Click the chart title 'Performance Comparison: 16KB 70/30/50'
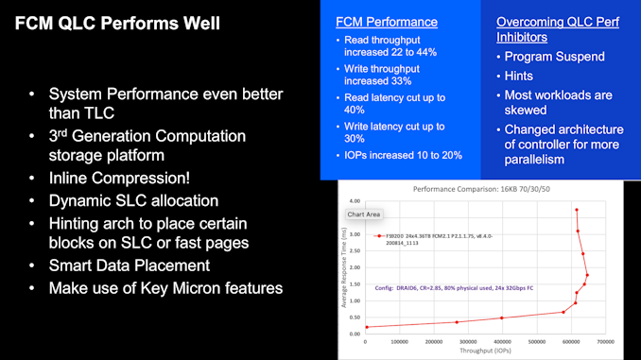(x=479, y=190)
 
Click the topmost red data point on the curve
(x=577, y=210)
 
